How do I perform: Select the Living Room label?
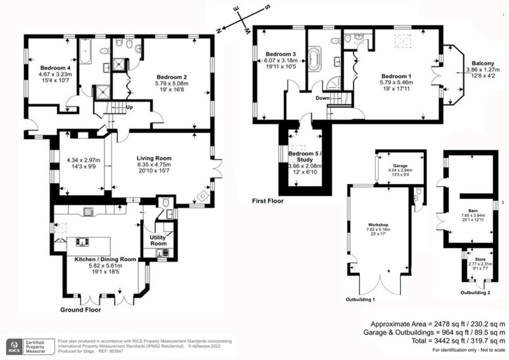154,158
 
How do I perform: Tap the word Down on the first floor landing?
322,98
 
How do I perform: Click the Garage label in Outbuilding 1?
400,165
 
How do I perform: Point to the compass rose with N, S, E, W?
242,20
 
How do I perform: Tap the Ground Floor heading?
81,310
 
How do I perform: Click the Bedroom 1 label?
396,76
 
